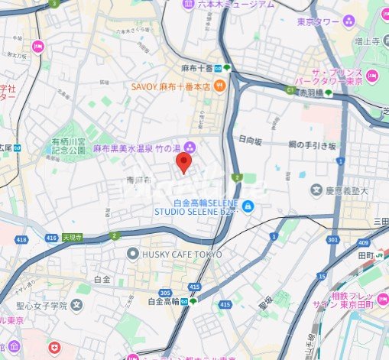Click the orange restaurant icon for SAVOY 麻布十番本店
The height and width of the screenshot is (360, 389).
(x=219, y=87)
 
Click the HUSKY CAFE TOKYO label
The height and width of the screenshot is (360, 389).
(x=182, y=254)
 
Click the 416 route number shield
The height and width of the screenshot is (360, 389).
(x=52, y=238)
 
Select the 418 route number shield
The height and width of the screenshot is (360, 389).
(x=21, y=239)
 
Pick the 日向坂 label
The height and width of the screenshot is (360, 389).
(x=251, y=140)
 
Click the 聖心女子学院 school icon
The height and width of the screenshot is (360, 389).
(x=76, y=306)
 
